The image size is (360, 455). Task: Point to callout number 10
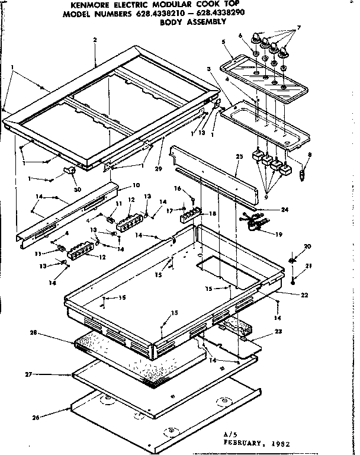click(x=136, y=185)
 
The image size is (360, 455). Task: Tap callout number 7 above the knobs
click(x=298, y=28)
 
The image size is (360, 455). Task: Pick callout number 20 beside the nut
click(x=307, y=246)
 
